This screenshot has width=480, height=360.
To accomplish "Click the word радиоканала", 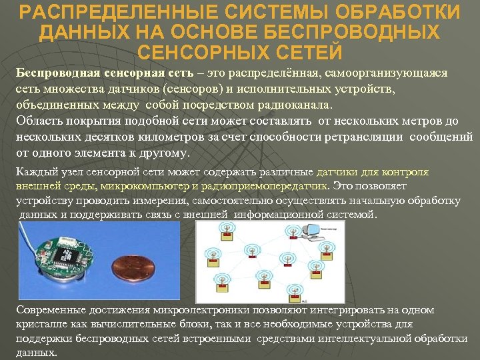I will pyautogui.click(x=301, y=105).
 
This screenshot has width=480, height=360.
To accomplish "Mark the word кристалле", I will pyautogui.click(x=41, y=323).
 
